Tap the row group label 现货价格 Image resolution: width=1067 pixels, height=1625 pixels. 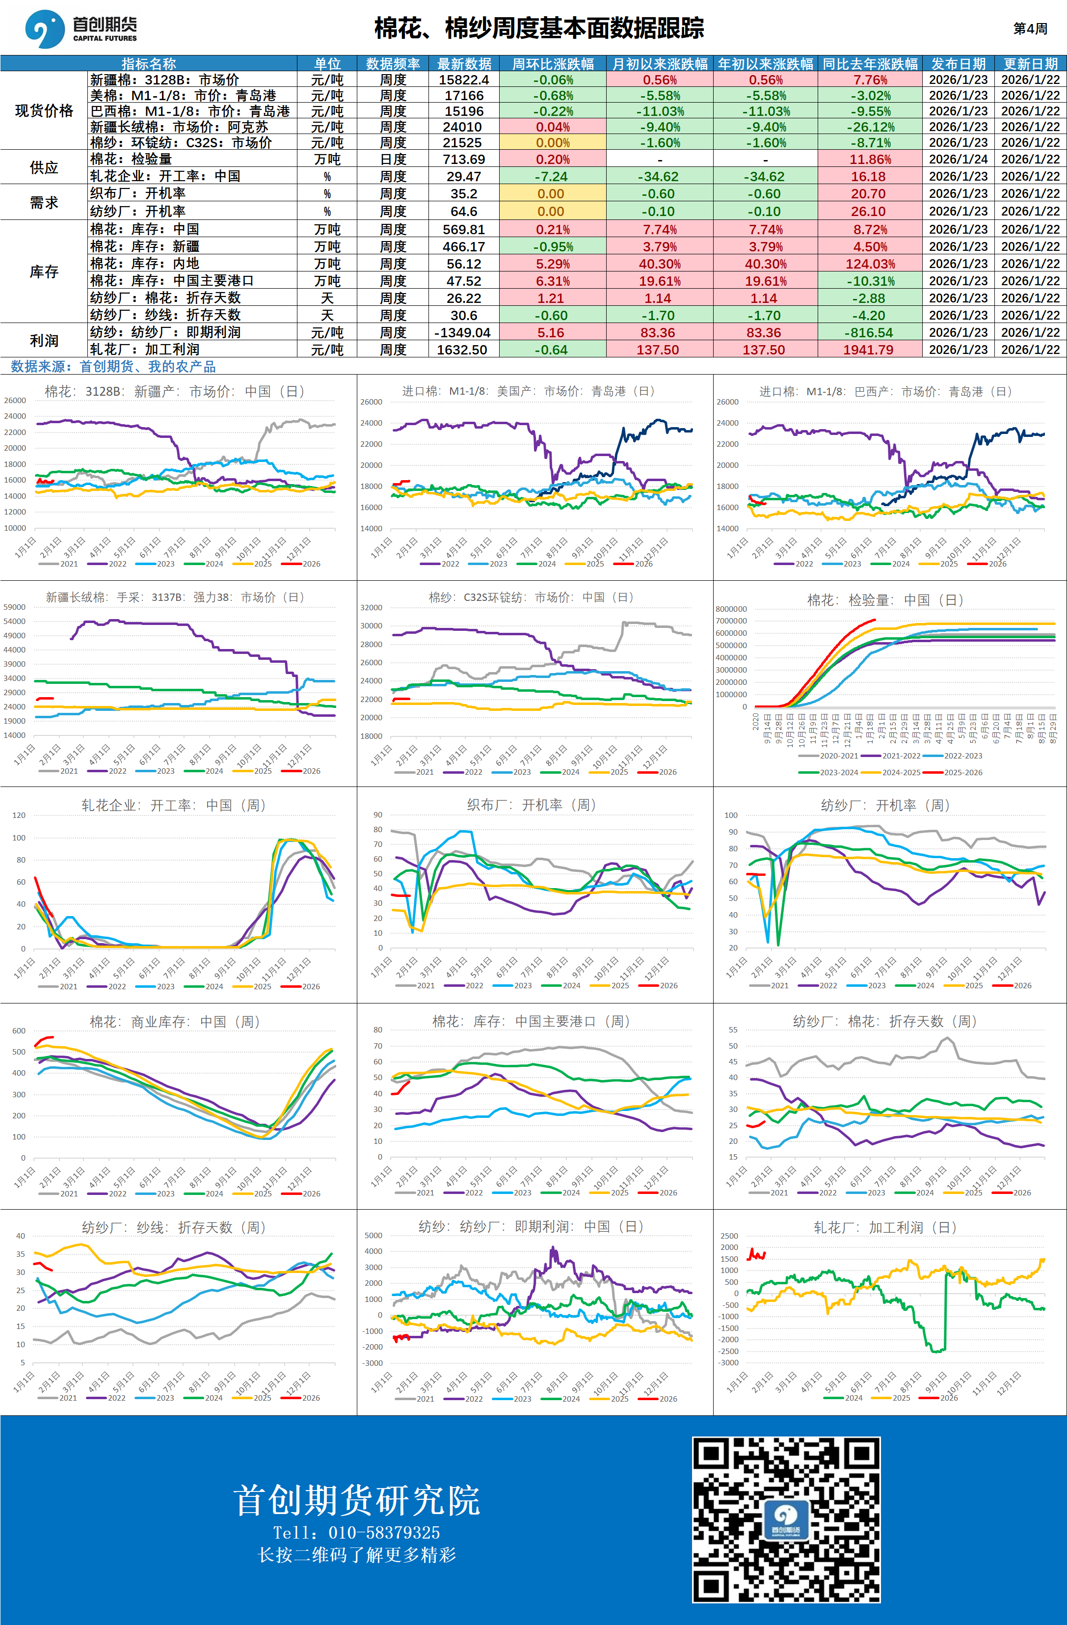click(44, 110)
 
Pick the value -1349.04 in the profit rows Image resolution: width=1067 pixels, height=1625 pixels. click(462, 332)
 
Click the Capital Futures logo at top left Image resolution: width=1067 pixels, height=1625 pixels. click(80, 28)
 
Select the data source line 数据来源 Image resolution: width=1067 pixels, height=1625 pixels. click(113, 367)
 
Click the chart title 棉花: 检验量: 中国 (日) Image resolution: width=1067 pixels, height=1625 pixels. click(885, 600)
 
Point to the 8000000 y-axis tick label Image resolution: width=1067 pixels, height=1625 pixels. click(731, 609)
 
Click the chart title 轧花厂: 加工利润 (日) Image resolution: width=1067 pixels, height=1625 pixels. click(885, 1227)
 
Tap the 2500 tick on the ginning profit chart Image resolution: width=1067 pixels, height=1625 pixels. click(729, 1236)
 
